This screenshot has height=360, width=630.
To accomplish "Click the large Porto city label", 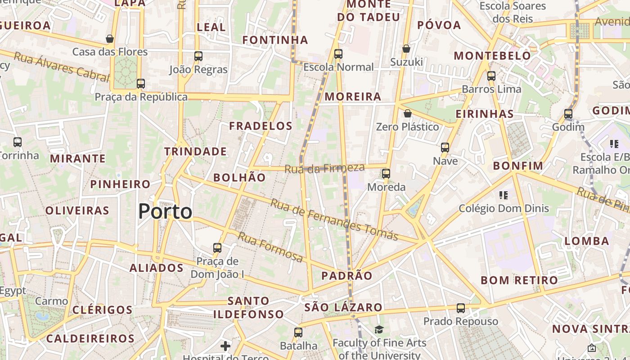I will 165,211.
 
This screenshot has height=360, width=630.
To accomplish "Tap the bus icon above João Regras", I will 198,56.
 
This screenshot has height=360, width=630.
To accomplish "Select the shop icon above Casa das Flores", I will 109,39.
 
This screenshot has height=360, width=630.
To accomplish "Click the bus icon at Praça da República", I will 141,83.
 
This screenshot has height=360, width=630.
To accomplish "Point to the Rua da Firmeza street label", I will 324,168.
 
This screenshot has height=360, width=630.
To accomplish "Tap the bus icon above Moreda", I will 386,173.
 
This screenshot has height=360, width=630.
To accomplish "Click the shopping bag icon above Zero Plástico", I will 407,113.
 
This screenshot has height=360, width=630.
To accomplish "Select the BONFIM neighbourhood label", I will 518,166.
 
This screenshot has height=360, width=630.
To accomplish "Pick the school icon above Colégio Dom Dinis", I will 504,195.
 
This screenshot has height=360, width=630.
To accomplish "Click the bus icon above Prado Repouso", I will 460,308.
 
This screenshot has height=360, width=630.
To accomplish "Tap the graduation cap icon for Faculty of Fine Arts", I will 379,330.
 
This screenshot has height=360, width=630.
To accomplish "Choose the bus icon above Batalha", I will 298,333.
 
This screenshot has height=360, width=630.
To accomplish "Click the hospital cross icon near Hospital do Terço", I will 225,346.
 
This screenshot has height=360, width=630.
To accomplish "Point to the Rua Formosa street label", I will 270,247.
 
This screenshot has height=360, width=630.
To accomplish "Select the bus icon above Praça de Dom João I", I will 217,247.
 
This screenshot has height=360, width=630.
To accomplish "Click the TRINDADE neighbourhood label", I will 195,152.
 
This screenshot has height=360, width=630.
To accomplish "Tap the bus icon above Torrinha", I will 18,142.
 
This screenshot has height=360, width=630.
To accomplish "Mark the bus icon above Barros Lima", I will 491,76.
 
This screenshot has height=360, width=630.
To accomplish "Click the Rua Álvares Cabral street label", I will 62,67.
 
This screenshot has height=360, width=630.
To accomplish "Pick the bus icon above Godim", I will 568,113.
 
